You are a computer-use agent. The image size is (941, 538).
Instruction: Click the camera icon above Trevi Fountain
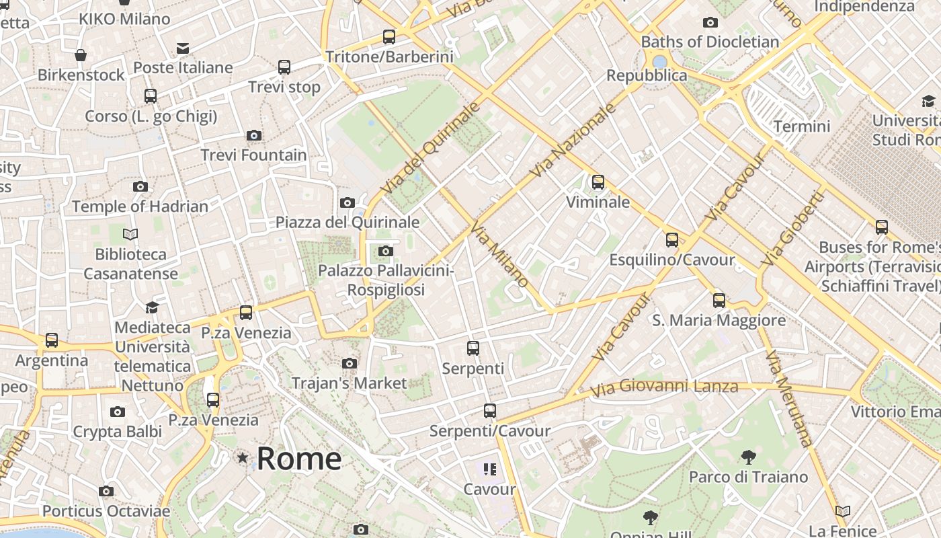[x=254, y=135]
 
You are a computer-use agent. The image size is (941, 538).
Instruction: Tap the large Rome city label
[x=299, y=459]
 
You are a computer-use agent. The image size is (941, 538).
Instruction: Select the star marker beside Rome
[x=242, y=458]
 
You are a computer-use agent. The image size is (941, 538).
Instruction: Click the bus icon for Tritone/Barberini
[x=389, y=37]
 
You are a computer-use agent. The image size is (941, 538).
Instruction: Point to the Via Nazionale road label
[x=573, y=141]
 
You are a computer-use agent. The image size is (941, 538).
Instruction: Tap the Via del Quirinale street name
[x=430, y=148]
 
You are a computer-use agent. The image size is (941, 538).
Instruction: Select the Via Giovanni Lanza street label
[x=663, y=387]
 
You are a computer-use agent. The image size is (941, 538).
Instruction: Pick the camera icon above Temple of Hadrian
[x=140, y=186]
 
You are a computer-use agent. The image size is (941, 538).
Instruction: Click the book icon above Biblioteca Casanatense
[x=130, y=234]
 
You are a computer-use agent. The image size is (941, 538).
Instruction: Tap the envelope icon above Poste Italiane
[x=183, y=48]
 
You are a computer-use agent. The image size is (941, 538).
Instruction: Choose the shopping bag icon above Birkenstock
[x=81, y=55]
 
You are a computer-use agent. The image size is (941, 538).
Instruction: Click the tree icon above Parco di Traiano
[x=748, y=457]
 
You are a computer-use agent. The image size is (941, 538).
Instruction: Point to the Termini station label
[x=801, y=126]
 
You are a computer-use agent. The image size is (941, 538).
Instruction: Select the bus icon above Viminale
[x=598, y=182]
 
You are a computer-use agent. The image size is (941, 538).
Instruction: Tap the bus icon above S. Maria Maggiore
[x=719, y=300]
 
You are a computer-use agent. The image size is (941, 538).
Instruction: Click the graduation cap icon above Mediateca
[x=152, y=307]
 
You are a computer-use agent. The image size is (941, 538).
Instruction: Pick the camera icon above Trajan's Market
[x=349, y=363]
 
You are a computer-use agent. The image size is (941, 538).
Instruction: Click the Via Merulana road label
[x=788, y=399]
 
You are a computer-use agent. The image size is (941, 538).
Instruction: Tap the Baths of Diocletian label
[x=710, y=42]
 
